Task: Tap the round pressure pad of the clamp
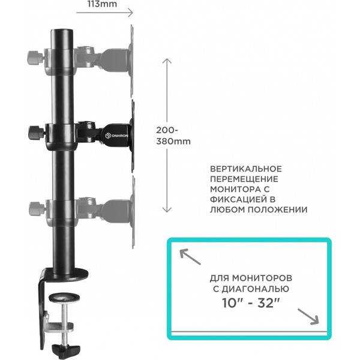click(61, 296)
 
